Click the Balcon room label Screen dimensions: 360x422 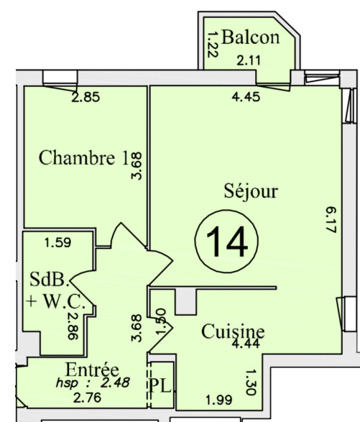[251, 37]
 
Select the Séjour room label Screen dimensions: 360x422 [251, 192]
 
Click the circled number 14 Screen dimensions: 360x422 [226, 242]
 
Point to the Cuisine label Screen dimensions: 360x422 [233, 331]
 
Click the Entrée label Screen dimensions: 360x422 [92, 370]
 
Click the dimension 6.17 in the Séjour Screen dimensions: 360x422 [331, 220]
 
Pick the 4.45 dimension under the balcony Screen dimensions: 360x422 [246, 97]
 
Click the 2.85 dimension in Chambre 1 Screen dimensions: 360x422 [86, 97]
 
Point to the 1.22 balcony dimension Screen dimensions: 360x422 [213, 45]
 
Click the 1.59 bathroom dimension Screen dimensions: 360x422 [57, 242]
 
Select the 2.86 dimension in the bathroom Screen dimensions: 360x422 [73, 326]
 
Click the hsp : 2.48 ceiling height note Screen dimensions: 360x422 [93, 382]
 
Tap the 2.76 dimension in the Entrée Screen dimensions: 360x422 [88, 398]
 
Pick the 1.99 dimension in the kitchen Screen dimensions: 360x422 [219, 400]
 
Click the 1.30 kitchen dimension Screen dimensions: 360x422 [251, 382]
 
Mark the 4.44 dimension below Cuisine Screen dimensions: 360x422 [246, 344]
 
